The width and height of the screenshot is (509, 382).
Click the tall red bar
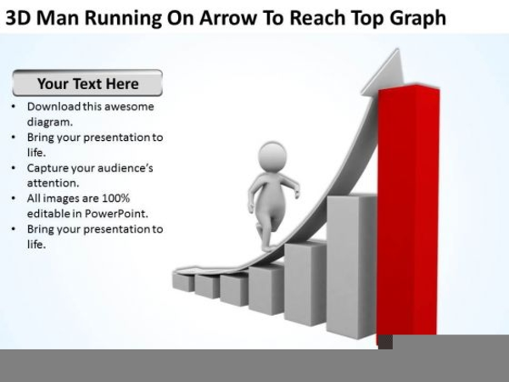[408, 215]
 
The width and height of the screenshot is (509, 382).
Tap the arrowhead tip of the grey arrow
[397, 49]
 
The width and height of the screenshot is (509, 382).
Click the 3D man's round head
[272, 156]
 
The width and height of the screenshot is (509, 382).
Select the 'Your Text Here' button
[87, 83]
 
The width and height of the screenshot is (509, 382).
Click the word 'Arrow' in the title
[227, 18]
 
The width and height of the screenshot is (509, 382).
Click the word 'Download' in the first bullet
[54, 107]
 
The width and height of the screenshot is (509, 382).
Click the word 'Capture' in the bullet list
[48, 168]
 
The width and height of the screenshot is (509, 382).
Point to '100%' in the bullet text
[116, 198]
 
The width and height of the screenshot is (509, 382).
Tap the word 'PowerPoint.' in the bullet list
[116, 214]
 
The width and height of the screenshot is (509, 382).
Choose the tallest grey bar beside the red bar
[351, 267]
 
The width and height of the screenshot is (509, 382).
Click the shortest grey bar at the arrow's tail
[183, 281]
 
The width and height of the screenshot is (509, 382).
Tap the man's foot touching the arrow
[268, 249]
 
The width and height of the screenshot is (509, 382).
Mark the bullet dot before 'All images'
[14, 198]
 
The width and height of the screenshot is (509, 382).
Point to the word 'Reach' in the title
[316, 18]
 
